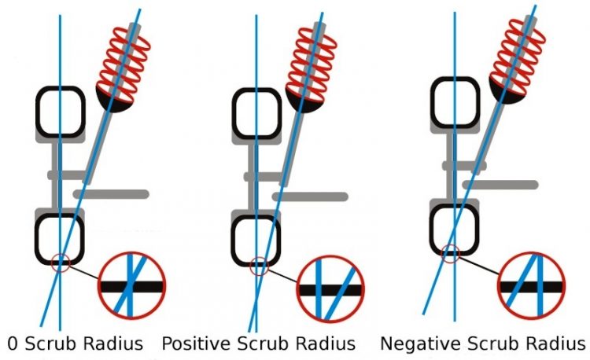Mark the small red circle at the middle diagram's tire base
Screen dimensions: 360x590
click(258, 266)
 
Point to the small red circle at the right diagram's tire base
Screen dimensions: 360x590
click(449, 253)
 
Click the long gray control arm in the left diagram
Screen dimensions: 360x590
click(110, 193)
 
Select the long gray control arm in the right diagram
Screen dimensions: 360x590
click(500, 184)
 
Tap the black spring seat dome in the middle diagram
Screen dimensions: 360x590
click(304, 100)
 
